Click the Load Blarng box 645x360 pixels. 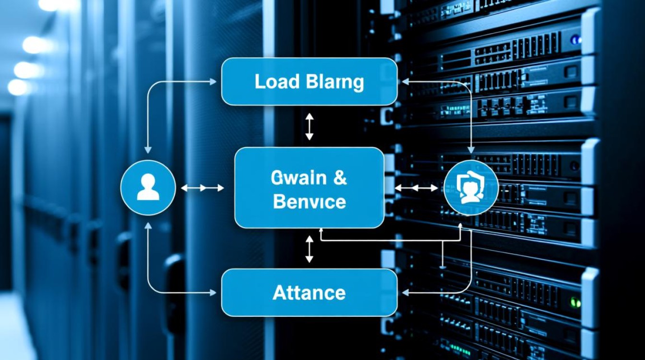[309, 82]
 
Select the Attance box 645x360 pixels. [309, 292]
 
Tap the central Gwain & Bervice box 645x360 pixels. [309, 188]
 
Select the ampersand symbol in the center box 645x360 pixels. [339, 178]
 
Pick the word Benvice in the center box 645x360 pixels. [309, 202]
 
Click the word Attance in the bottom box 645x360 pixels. [309, 292]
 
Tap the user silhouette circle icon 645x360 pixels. [148, 187]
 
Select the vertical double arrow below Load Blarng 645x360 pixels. [309, 127]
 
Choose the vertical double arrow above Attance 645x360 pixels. [309, 249]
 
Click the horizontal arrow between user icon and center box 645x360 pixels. [203, 188]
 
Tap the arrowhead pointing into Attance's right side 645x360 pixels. [405, 292]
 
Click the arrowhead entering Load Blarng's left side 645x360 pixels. [214, 82]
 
